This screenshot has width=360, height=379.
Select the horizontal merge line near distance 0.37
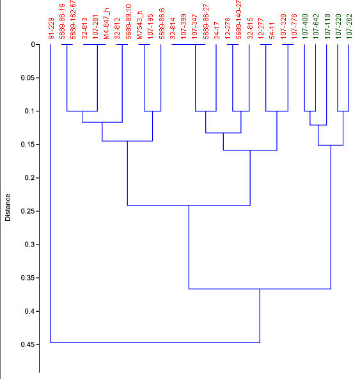260,289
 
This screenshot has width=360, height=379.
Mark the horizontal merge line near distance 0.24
189,206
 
